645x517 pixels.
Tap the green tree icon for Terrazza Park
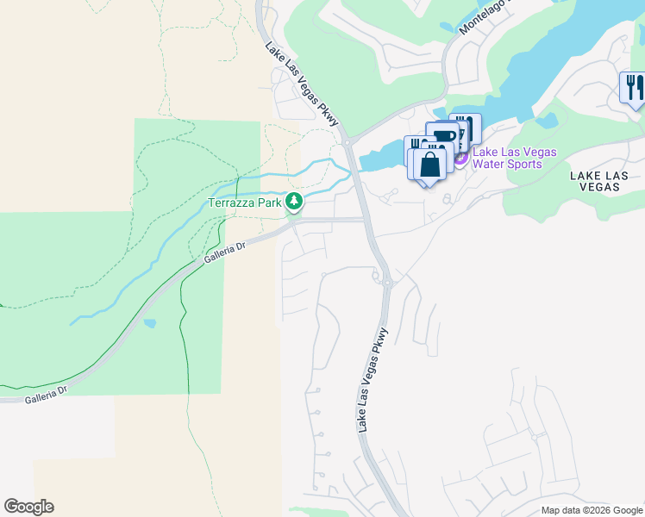tap(295, 202)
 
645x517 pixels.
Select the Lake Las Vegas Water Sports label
tap(514, 159)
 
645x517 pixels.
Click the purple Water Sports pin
tap(460, 158)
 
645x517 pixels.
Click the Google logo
tap(28, 507)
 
